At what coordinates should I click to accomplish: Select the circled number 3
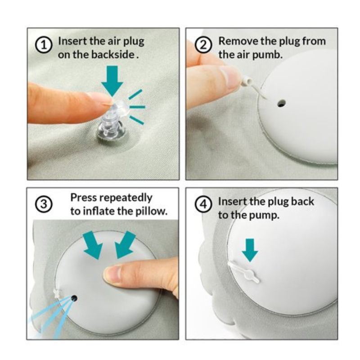[44, 204]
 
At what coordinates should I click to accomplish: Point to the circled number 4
[203, 204]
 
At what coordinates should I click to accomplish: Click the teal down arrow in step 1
[112, 81]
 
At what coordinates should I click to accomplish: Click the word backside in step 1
[113, 54]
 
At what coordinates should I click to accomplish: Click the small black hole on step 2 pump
[281, 103]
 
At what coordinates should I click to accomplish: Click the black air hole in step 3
[74, 298]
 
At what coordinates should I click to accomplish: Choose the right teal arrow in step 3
[125, 245]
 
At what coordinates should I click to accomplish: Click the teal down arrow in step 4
[250, 250]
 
